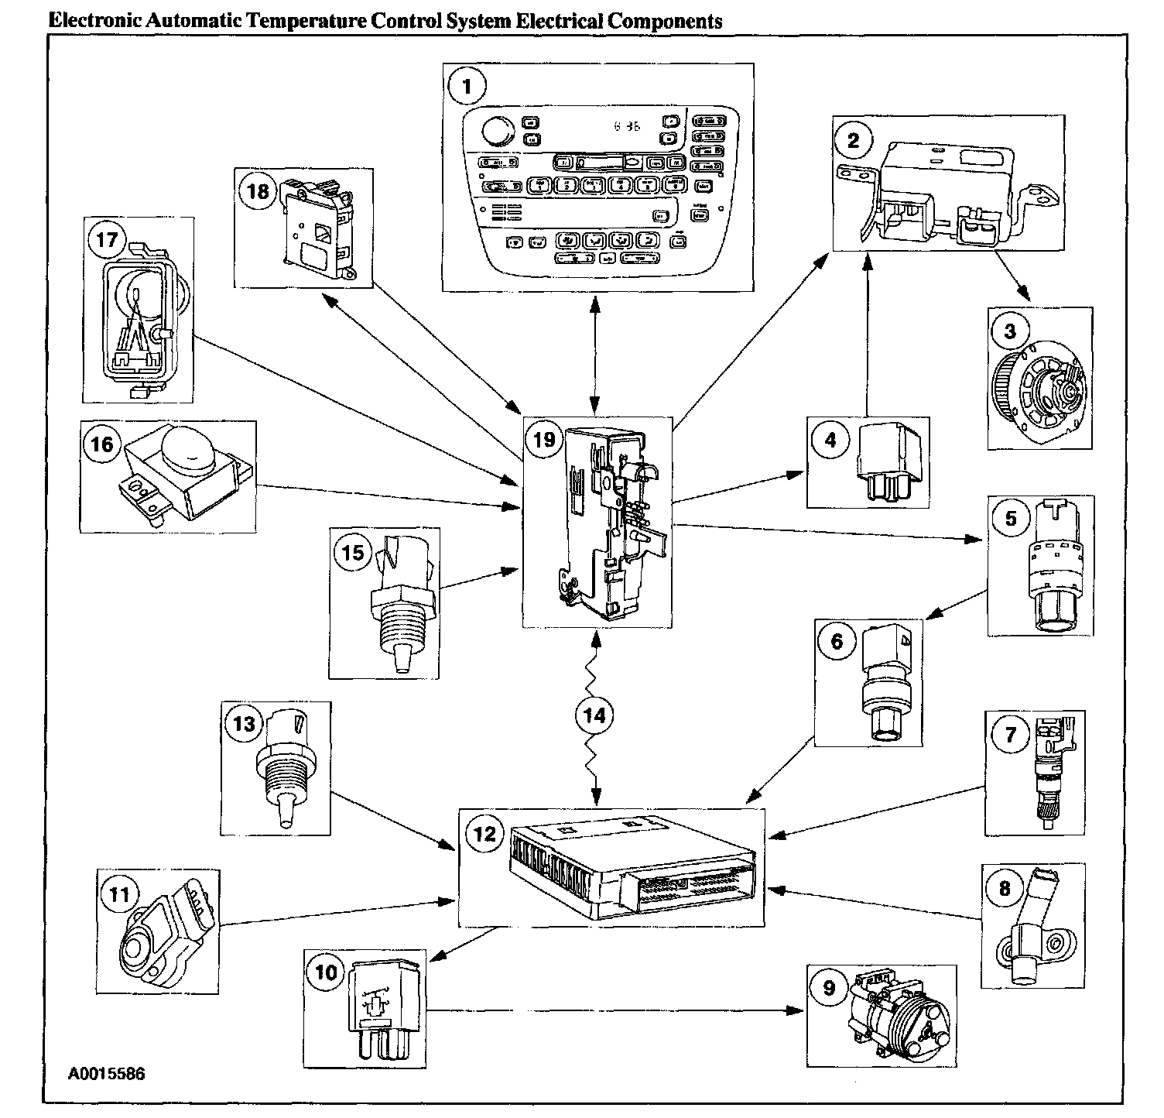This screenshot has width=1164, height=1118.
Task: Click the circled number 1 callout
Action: point(467,87)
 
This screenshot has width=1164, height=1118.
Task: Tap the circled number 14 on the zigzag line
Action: point(594,715)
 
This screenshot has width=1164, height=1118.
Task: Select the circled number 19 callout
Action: point(545,439)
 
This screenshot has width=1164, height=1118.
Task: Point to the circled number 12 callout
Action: point(484,833)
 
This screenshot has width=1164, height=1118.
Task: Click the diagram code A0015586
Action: point(106,1074)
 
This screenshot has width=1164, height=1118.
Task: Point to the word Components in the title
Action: point(665,21)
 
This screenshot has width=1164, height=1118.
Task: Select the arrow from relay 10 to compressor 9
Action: point(611,1010)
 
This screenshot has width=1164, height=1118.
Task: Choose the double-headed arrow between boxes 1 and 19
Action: point(594,353)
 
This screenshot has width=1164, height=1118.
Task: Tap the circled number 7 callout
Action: point(1010,734)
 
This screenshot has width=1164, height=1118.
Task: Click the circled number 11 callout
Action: point(119,894)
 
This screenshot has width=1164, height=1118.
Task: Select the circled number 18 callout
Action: point(258,190)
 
